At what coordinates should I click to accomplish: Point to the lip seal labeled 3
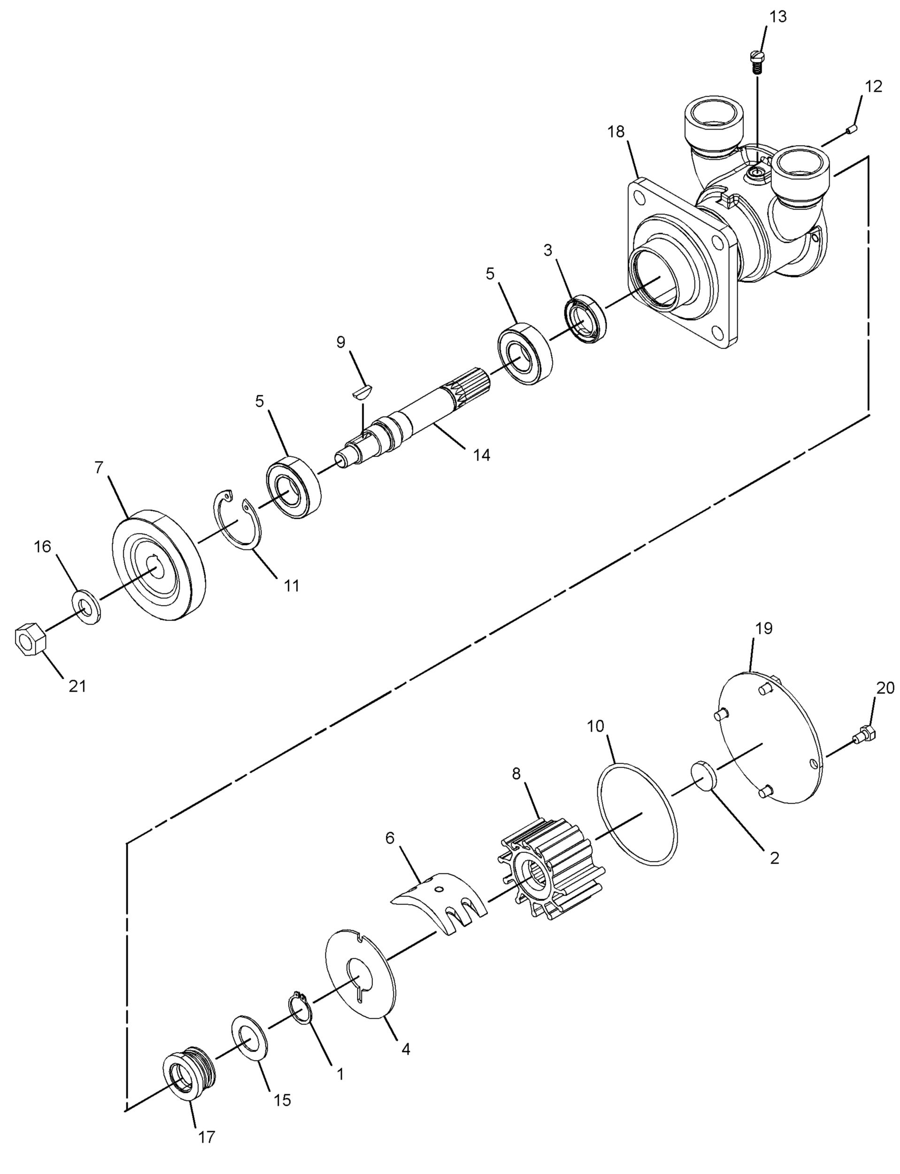coord(586,319)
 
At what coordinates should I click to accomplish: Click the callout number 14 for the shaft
coord(481,455)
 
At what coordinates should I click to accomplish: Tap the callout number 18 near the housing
coord(616,132)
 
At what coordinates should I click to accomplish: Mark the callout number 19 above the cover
coord(764,628)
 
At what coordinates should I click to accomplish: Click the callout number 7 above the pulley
coord(99,467)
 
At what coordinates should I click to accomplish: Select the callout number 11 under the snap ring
coord(292,586)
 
